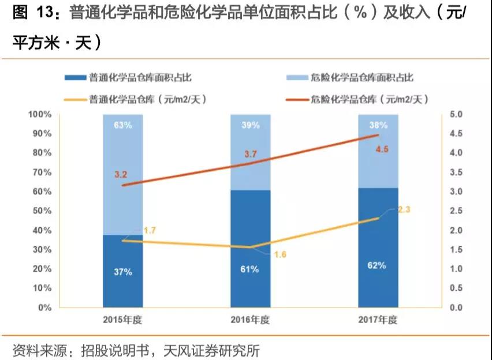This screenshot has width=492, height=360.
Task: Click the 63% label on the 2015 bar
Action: coord(122,125)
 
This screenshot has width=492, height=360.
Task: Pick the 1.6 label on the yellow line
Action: coord(280,254)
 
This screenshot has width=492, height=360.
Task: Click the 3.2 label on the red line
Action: coord(120,174)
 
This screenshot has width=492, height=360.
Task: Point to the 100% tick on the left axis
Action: coord(40,114)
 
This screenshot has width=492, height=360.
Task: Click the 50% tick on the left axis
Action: coord(42,211)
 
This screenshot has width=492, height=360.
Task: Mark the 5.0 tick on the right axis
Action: coord(456,114)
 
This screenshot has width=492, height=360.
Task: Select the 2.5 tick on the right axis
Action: coord(456,211)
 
